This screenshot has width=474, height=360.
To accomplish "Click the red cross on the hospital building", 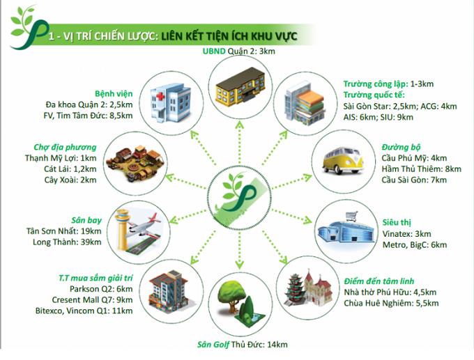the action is [160, 97].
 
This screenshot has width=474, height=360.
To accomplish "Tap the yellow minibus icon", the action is [342, 160].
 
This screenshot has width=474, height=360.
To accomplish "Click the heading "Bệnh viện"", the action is [114, 93].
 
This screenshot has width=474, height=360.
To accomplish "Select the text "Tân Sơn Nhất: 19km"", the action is [64, 231].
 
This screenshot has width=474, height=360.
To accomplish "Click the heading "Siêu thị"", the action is [397, 223].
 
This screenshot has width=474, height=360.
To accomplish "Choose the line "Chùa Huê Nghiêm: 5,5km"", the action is [391, 303].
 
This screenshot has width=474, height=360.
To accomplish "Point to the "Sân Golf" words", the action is [213, 345].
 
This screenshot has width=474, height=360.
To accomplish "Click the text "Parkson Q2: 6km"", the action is [101, 289].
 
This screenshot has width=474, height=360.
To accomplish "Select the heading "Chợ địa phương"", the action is [65, 147].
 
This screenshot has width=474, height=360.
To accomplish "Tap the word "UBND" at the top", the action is [214, 51].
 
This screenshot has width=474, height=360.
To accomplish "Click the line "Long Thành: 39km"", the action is [67, 242].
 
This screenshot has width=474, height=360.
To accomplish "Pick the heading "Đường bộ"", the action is [401, 147].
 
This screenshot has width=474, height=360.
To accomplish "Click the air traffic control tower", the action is [123, 229].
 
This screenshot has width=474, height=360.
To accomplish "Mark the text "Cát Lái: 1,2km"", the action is [70, 169].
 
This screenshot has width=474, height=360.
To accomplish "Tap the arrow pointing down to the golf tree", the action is [239, 250].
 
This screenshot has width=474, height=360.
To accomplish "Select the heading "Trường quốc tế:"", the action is [374, 95].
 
